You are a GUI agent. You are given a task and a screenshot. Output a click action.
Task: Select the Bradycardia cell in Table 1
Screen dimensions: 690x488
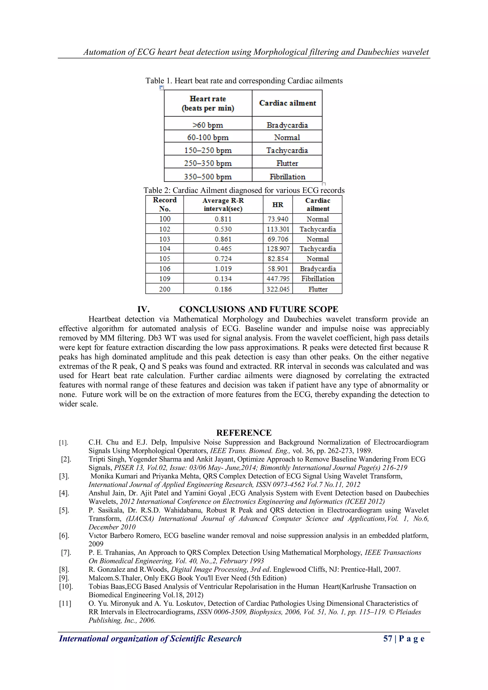(x=287, y=125)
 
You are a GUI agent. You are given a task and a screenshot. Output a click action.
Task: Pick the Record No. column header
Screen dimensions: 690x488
(x=164, y=204)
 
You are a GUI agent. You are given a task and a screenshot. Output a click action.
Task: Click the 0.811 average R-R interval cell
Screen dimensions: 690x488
(x=223, y=219)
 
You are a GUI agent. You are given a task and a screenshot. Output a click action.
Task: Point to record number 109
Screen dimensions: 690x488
(x=164, y=279)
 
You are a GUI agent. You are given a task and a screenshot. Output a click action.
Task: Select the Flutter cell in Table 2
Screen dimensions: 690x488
(x=318, y=289)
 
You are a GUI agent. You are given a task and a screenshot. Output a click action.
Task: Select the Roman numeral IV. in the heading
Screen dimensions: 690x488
(x=143, y=309)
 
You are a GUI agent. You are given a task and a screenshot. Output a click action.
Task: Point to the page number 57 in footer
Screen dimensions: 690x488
(x=387, y=638)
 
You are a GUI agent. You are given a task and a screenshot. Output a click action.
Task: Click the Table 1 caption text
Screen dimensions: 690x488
(x=244, y=81)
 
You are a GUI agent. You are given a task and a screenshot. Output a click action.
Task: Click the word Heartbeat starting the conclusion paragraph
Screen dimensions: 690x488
(x=104, y=319)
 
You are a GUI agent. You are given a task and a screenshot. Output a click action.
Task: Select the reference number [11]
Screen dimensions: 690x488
(x=65, y=603)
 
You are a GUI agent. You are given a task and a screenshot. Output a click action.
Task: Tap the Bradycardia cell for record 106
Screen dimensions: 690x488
(x=318, y=269)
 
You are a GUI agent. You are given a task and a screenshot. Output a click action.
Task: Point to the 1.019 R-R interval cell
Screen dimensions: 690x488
(x=223, y=269)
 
